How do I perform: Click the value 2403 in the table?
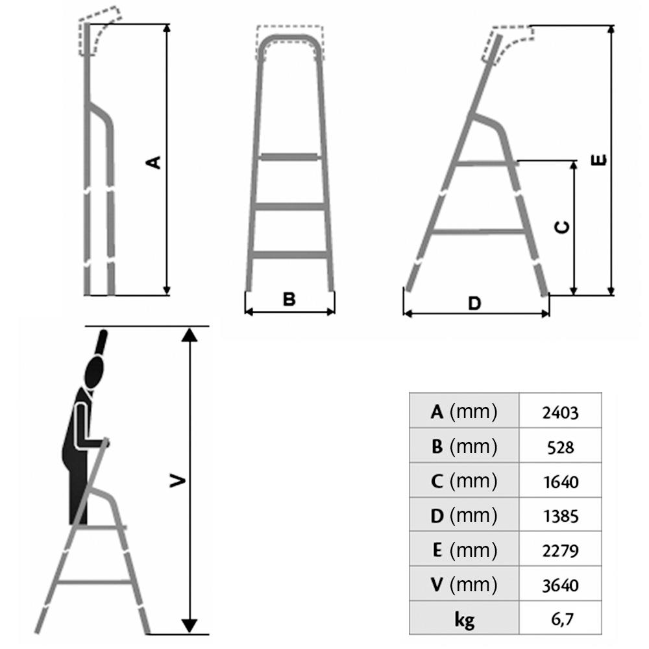pos(560,413)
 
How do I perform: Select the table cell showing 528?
pos(561,447)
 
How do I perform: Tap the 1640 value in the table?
pos(561,482)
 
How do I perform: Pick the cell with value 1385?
pos(561,516)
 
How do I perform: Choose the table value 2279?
pos(560,551)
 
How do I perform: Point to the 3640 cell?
pos(560,585)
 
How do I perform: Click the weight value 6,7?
pos(562,620)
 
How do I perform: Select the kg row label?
pos(464,620)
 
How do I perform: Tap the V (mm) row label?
pos(463,585)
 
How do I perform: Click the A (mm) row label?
pos(463,412)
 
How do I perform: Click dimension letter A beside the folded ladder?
pos(154,162)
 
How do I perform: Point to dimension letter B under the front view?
pos(289,299)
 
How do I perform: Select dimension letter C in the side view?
pos(562,227)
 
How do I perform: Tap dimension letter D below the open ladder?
pos(474,303)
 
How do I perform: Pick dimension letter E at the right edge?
pos(598,160)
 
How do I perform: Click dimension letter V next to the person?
pos(178,481)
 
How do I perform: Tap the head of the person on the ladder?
pos(94,371)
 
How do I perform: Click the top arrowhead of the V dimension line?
pos(189,335)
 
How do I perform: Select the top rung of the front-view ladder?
pos(289,157)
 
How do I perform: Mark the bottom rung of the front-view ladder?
pos(289,255)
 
